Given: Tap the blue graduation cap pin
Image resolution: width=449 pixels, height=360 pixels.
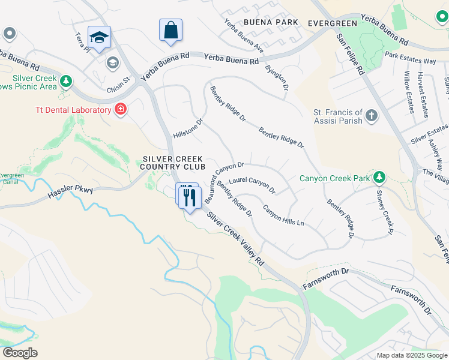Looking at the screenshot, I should (98, 37).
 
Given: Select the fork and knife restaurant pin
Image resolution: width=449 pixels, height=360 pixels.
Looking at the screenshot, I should (190, 197).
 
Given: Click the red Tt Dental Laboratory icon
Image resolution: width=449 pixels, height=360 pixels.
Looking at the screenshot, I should (121, 109).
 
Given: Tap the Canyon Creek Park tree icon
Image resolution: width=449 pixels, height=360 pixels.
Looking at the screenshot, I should (379, 177).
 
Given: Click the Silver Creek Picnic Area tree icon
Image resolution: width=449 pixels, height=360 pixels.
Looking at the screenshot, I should (66, 80).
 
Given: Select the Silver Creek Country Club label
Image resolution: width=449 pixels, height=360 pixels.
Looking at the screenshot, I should (174, 163).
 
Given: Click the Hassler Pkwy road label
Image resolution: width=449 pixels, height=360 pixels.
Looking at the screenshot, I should (71, 191).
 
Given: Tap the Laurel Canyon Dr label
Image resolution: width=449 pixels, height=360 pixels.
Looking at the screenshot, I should (252, 184).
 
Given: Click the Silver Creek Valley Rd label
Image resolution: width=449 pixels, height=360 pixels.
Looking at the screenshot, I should (235, 238).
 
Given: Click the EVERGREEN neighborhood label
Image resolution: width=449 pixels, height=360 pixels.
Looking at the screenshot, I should (332, 23).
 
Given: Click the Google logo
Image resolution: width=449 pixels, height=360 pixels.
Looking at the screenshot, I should (20, 353).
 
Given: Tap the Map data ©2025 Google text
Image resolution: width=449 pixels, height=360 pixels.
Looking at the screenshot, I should (412, 355).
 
